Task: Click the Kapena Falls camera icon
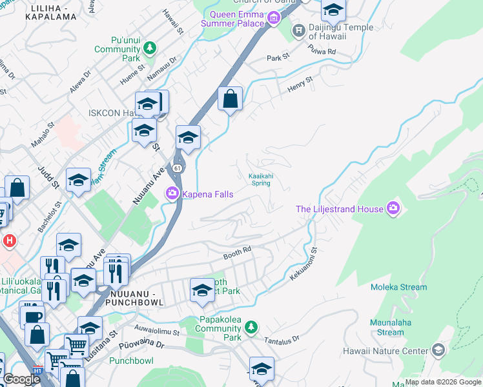(172, 193)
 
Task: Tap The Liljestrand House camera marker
(393, 208)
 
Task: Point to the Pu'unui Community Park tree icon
(150, 47)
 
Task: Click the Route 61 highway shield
(177, 169)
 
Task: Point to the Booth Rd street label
(237, 256)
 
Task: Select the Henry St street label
(300, 83)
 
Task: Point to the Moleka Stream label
(398, 287)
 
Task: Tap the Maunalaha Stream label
(390, 328)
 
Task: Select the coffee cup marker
(34, 317)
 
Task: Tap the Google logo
(21, 379)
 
